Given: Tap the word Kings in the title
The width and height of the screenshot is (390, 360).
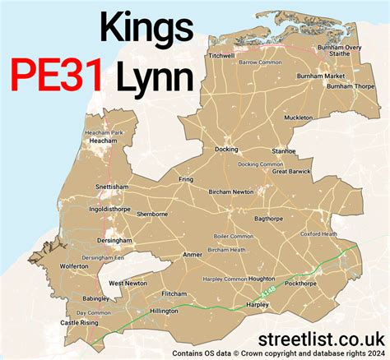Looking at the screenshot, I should (x=146, y=29).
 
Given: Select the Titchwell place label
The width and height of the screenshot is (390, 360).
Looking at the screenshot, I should (x=222, y=56).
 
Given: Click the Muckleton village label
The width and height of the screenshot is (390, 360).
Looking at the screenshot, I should (x=297, y=118).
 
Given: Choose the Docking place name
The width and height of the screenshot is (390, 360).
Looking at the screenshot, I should (x=226, y=150).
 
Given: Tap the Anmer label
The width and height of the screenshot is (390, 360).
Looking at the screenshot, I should (x=192, y=255).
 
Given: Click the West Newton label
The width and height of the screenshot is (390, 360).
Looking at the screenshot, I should (x=128, y=283).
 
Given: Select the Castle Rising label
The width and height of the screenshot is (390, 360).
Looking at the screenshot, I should (x=80, y=323).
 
